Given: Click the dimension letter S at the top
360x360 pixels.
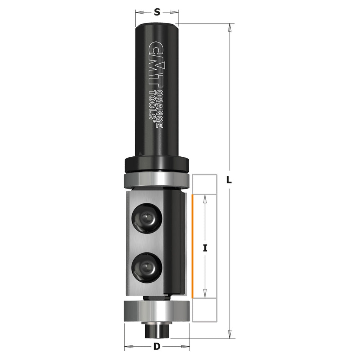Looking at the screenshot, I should click(157, 12).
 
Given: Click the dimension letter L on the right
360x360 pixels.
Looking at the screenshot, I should click(229, 180).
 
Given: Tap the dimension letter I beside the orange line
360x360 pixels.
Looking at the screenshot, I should click(205, 248).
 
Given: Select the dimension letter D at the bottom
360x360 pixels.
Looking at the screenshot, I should click(157, 346).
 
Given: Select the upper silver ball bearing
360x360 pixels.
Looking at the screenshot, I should click(157, 180).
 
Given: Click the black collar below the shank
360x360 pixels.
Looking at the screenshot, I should click(157, 164).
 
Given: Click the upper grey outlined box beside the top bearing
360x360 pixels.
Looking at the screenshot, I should click(205, 184).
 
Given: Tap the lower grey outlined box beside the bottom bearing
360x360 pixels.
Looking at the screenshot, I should click(205, 310).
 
